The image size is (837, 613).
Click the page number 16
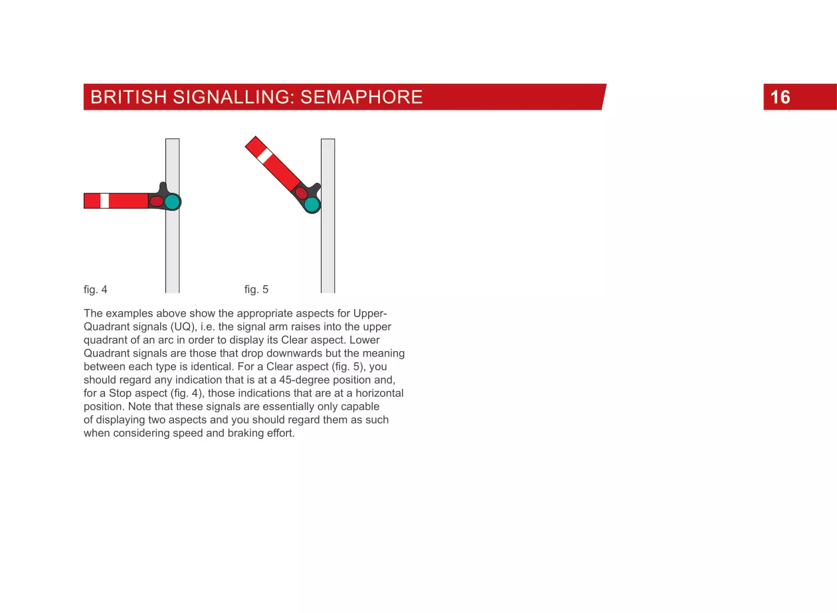tap(781, 98)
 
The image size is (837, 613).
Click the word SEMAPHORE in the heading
tap(361, 98)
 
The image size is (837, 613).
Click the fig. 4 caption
tap(96, 290)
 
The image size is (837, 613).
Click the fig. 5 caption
tap(256, 290)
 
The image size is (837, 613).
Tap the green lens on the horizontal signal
tap(173, 201)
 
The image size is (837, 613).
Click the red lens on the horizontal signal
tap(157, 201)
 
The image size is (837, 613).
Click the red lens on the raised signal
tap(301, 193)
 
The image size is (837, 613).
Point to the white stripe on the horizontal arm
tap(104, 201)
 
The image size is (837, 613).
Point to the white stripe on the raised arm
tap(264, 156)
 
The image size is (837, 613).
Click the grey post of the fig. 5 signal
tap(327, 253)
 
